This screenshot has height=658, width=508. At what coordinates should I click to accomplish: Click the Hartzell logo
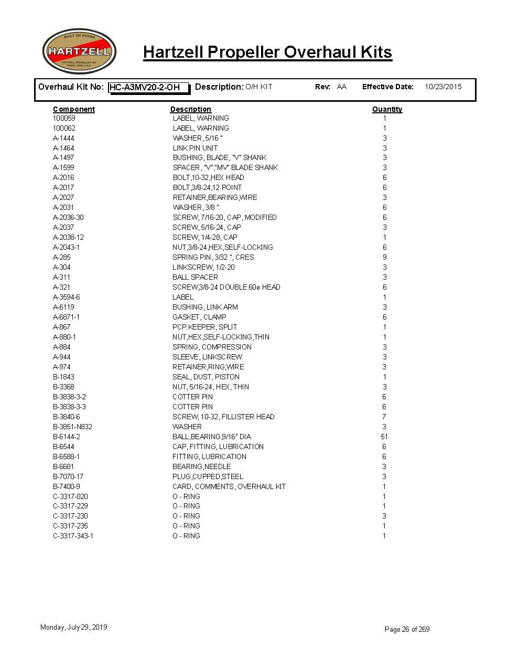pyautogui.click(x=79, y=51)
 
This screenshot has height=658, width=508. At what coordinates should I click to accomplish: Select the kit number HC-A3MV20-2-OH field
pyautogui.click(x=148, y=87)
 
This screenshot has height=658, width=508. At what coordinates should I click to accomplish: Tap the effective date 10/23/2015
pyautogui.click(x=443, y=87)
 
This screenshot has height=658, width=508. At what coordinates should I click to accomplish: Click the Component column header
pyautogui.click(x=74, y=109)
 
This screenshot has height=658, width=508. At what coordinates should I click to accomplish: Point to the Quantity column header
pyautogui.click(x=387, y=109)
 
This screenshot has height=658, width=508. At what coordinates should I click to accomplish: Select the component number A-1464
pyautogui.click(x=63, y=148)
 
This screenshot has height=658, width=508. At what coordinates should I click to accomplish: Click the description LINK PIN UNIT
pyautogui.click(x=195, y=148)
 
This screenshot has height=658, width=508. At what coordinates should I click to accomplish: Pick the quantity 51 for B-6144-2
pyautogui.click(x=384, y=437)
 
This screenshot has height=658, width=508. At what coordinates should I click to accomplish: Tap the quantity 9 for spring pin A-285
pyautogui.click(x=384, y=257)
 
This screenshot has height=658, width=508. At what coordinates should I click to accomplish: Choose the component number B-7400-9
pyautogui.click(x=67, y=486)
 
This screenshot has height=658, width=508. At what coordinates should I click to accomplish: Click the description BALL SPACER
pyautogui.click(x=195, y=277)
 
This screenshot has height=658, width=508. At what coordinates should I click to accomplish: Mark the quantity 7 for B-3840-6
pyautogui.click(x=384, y=417)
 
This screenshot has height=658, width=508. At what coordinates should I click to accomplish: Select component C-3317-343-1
pyautogui.click(x=73, y=536)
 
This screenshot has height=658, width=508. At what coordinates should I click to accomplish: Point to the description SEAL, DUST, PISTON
pyautogui.click(x=206, y=377)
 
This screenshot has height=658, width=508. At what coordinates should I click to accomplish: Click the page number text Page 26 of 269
pyautogui.click(x=407, y=629)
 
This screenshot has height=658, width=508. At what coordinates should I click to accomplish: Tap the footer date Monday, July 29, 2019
pyautogui.click(x=74, y=627)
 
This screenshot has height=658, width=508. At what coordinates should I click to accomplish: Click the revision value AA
pyautogui.click(x=342, y=87)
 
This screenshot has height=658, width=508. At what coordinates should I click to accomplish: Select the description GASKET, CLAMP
pyautogui.click(x=199, y=317)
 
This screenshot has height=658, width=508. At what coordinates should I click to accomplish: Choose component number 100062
pyautogui.click(x=64, y=128)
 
